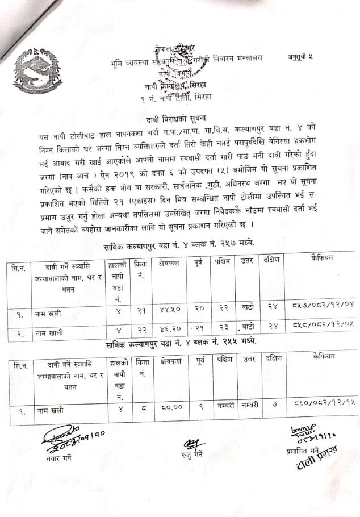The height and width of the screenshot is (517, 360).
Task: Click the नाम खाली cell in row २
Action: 48,329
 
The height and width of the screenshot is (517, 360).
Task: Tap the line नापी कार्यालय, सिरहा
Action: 178,86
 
